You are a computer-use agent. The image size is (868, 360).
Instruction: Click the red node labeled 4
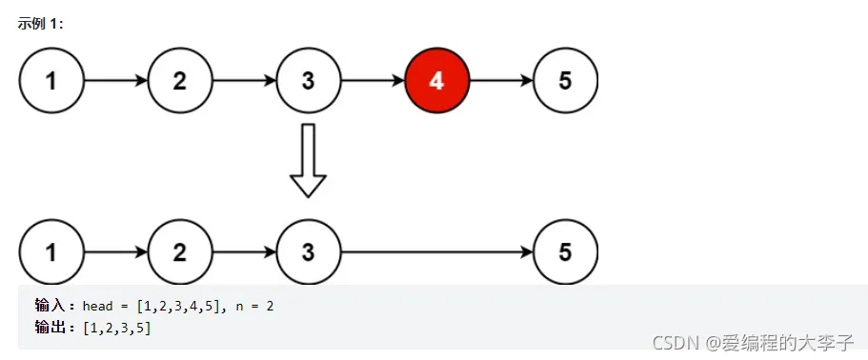click(436, 80)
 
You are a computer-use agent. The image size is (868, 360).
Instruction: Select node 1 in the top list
click(51, 80)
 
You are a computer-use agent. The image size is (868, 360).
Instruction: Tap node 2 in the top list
click(180, 80)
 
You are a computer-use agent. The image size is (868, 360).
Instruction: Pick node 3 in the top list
click(308, 80)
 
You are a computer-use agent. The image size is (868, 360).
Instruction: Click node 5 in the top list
click(565, 80)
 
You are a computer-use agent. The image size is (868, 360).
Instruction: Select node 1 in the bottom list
click(51, 252)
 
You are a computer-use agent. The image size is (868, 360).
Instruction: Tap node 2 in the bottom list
click(180, 252)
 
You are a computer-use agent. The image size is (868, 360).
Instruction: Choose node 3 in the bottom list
click(308, 252)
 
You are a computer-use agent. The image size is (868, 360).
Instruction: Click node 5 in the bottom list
click(565, 252)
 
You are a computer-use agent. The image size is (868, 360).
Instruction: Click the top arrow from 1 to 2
click(115, 80)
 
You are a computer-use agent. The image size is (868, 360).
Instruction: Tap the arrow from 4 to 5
click(500, 80)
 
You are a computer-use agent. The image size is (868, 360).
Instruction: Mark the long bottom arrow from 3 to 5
click(436, 252)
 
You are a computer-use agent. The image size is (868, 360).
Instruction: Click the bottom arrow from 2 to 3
click(244, 252)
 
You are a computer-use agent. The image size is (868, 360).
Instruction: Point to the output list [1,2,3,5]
click(117, 328)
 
